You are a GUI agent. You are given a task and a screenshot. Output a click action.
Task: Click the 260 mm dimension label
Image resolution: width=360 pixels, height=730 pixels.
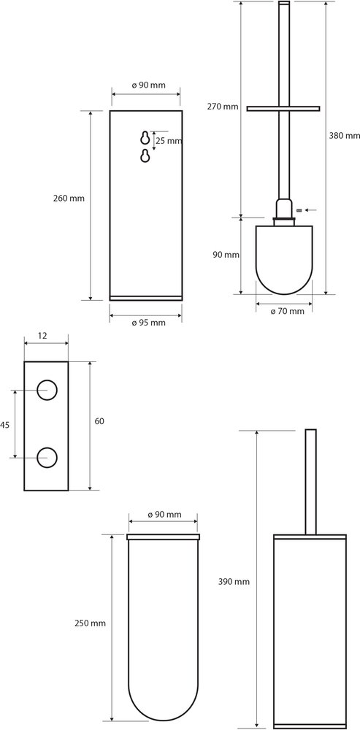(x=69, y=198)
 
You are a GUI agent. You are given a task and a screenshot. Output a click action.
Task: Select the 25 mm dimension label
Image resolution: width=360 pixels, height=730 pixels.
(x=168, y=141)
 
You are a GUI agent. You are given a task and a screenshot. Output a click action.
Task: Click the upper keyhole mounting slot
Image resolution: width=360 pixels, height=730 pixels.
(x=145, y=138)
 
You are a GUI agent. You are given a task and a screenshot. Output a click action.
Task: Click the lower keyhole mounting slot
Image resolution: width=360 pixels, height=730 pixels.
(x=145, y=156)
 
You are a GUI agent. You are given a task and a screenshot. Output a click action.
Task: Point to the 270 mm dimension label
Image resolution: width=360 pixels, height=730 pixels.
(x=223, y=107)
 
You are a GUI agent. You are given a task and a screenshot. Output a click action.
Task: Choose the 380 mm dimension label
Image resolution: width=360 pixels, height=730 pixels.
(x=344, y=136)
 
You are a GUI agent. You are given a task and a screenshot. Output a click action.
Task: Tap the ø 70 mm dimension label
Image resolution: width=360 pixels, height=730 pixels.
(x=288, y=311)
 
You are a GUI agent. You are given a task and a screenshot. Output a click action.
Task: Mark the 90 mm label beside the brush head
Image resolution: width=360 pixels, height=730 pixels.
(x=226, y=255)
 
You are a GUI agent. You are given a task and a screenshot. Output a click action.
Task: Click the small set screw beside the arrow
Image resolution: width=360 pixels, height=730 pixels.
(x=299, y=210)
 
